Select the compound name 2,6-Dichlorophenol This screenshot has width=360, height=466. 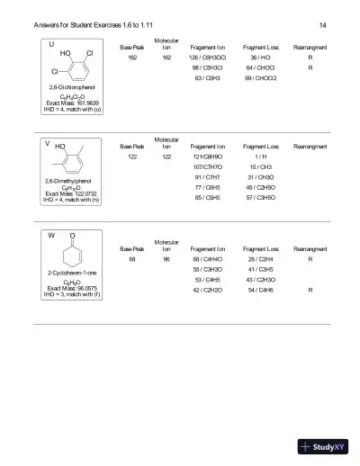click(72, 87)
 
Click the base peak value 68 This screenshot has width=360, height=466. click(132, 258)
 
